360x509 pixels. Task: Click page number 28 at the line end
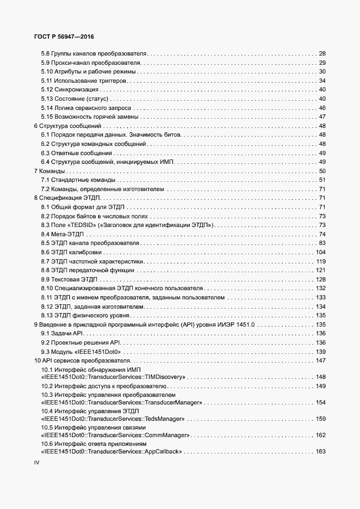coord(322,54)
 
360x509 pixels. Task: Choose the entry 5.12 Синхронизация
coord(70,90)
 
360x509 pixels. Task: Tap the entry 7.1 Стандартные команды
coord(78,180)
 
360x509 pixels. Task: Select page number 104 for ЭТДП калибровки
coord(320,252)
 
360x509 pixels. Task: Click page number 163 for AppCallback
coord(320,452)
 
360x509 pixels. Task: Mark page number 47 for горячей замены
coord(322,117)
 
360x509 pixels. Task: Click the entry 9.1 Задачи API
coord(64,333)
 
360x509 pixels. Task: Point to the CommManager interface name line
coord(115,435)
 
